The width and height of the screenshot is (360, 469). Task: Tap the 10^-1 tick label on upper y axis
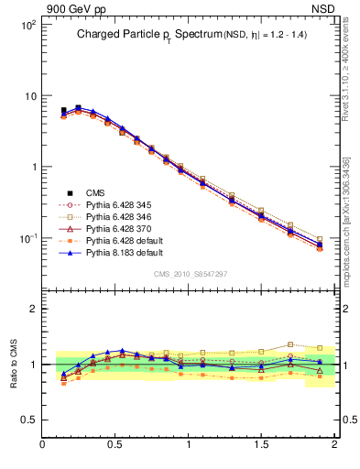coord(27,238)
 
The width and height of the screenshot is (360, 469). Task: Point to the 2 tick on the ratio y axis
coord(32,309)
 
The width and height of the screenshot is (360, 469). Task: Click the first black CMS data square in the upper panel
coord(63,111)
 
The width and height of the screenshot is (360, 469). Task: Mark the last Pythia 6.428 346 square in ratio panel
coord(320,348)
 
